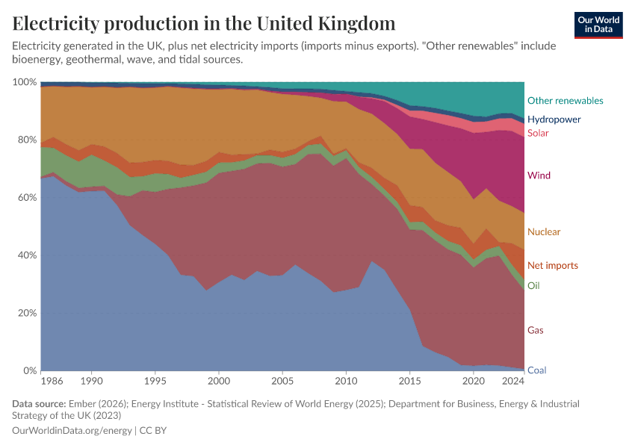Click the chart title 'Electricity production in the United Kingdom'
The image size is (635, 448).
pos(204,23)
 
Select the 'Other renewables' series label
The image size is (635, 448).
pos(565,101)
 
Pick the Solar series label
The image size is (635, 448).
pos(538,134)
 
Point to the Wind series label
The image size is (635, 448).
pos(539,175)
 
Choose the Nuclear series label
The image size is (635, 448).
pos(543,232)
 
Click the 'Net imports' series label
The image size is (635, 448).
pos(552,266)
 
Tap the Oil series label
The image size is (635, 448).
pos(533,286)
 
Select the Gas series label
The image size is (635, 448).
pos(535,330)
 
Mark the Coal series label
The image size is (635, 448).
pos(536,370)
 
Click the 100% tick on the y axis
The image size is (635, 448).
pos(25,82)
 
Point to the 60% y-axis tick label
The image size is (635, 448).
pos(27,198)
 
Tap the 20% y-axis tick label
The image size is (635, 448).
pos(27,313)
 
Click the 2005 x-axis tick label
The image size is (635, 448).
pos(282,382)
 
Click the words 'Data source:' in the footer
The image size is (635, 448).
pos(37,404)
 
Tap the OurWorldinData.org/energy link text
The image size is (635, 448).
pos(72,431)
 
